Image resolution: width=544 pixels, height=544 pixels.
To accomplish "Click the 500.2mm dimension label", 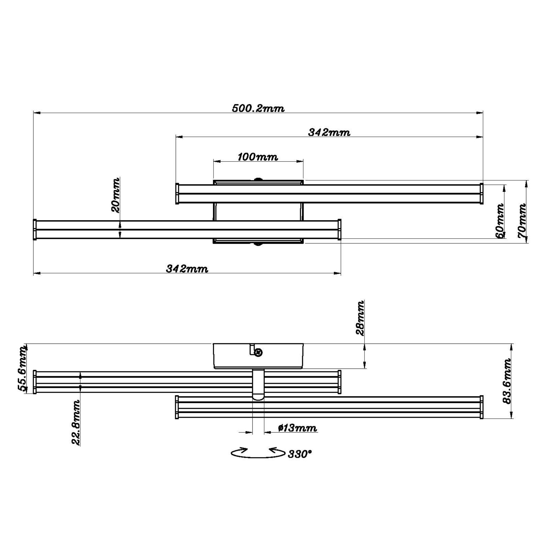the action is pyautogui.click(x=258, y=109).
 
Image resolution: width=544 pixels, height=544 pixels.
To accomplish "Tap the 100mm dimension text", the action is pyautogui.click(x=258, y=157).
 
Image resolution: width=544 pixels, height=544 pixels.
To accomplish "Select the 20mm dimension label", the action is pyautogui.click(x=115, y=195).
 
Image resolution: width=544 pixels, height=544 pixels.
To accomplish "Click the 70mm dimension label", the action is pyautogui.click(x=522, y=221).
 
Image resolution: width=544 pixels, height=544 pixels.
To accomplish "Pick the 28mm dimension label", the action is pyautogui.click(x=360, y=318).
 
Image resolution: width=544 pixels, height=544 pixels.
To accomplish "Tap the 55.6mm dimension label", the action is pyautogui.click(x=22, y=369).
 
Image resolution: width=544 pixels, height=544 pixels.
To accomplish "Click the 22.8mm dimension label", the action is pyautogui.click(x=76, y=423).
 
